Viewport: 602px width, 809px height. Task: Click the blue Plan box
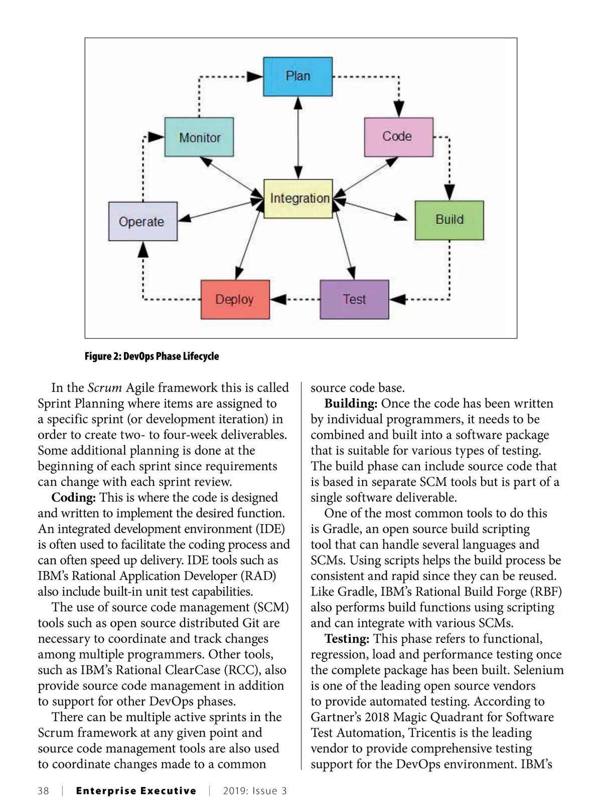[x=297, y=76]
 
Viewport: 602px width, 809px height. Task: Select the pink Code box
[x=398, y=137]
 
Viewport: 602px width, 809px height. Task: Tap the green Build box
[x=449, y=220]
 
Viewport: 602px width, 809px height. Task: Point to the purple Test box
[x=354, y=299]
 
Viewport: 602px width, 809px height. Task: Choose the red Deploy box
[x=235, y=299]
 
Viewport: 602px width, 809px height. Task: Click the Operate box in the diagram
[x=142, y=222]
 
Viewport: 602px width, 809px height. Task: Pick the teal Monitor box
[x=199, y=137]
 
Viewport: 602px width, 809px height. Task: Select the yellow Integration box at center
[x=298, y=199]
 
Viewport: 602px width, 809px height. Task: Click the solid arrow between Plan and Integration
[x=298, y=137]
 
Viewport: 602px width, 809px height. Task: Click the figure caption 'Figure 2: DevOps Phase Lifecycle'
[x=152, y=356]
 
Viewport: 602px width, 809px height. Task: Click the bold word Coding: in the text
[x=74, y=498]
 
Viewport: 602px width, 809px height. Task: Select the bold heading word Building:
[x=351, y=404]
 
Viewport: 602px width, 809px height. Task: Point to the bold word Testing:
[x=347, y=639]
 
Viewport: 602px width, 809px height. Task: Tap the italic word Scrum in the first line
[x=105, y=388]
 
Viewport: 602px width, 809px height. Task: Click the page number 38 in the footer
[x=44, y=791]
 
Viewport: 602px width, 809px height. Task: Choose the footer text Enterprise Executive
[x=136, y=791]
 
